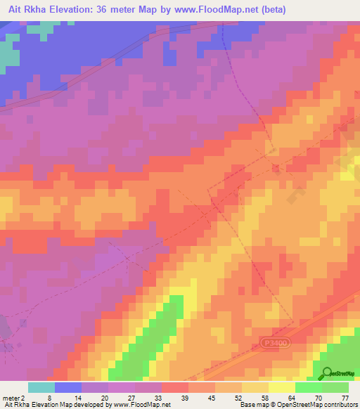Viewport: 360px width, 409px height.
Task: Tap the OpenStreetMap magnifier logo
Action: [327, 373]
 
